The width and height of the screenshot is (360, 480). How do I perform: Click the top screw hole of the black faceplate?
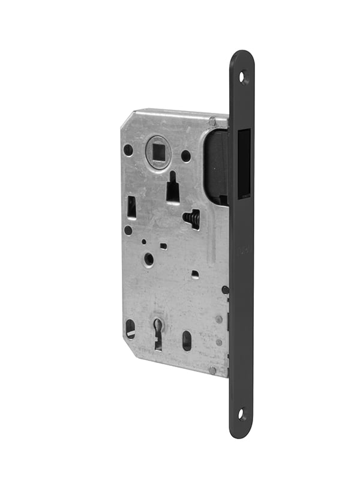pyautogui.click(x=243, y=76)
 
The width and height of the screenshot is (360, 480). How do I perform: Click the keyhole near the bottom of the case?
pyautogui.click(x=158, y=332)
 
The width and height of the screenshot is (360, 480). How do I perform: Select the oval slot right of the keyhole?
pyautogui.click(x=187, y=341)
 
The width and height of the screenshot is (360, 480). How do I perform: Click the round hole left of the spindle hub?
pyautogui.click(x=128, y=149)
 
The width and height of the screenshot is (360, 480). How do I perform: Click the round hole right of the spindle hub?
pyautogui.click(x=186, y=156)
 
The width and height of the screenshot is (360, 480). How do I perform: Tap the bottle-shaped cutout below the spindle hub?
pyautogui.click(x=172, y=188)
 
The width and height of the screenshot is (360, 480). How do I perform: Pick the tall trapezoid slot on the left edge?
pyautogui.click(x=131, y=206)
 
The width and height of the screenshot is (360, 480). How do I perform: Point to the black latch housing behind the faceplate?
pyautogui.click(x=216, y=165)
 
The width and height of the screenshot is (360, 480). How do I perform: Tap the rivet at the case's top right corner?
pyautogui.click(x=212, y=122)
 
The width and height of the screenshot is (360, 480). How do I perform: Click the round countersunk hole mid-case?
pyautogui.click(x=148, y=259)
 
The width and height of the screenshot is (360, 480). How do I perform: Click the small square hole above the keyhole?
pyautogui.click(x=195, y=274)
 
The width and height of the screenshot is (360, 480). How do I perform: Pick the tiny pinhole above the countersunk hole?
pyautogui.click(x=144, y=242)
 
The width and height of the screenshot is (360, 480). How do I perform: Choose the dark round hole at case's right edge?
pyautogui.click(x=225, y=290)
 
